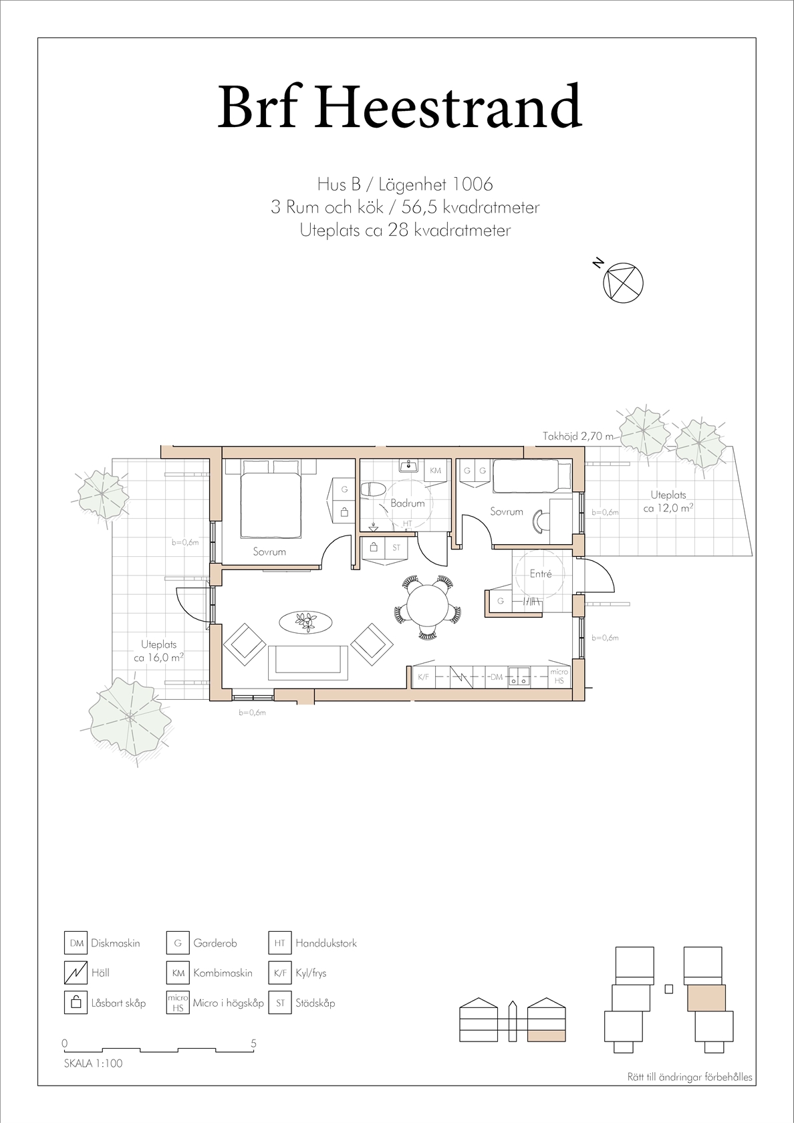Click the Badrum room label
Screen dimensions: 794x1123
click(407, 503)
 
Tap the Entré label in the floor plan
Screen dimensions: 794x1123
click(540, 574)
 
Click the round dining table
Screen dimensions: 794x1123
click(427, 607)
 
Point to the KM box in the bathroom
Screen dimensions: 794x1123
click(435, 471)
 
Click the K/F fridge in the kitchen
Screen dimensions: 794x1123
click(424, 676)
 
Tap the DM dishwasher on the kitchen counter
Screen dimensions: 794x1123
click(496, 676)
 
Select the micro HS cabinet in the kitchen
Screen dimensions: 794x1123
click(559, 676)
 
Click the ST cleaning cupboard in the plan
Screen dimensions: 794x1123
click(396, 547)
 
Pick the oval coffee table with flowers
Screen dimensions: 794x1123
click(305, 623)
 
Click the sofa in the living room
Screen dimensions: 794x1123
click(307, 663)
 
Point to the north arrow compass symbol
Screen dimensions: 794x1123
click(623, 283)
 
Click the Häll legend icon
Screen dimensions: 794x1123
click(76, 973)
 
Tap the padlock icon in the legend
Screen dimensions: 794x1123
click(76, 1003)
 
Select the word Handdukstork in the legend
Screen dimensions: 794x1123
click(326, 943)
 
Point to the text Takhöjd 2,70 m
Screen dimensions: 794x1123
click(578, 436)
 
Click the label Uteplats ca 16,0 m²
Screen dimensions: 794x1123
click(158, 651)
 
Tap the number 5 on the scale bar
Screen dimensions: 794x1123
click(254, 1043)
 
